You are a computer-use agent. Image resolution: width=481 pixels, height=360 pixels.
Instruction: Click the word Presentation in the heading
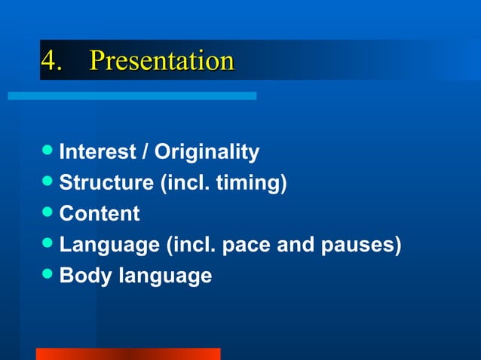(x=161, y=60)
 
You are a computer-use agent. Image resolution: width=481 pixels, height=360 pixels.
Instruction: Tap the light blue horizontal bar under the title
(x=132, y=96)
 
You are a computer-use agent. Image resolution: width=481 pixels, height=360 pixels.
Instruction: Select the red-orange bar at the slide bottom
(x=128, y=353)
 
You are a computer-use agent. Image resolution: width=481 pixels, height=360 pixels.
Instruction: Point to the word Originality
(x=207, y=152)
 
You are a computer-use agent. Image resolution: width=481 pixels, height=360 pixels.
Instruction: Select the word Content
(x=100, y=214)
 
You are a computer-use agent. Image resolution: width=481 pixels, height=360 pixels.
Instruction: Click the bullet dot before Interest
(x=48, y=151)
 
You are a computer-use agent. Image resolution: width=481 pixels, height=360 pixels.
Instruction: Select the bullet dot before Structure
(x=48, y=182)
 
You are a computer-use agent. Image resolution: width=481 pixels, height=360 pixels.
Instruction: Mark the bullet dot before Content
(x=48, y=213)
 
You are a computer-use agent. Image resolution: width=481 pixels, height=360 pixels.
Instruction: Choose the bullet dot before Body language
(x=48, y=275)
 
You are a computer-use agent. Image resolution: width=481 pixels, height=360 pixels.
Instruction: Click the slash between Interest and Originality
(x=148, y=152)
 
